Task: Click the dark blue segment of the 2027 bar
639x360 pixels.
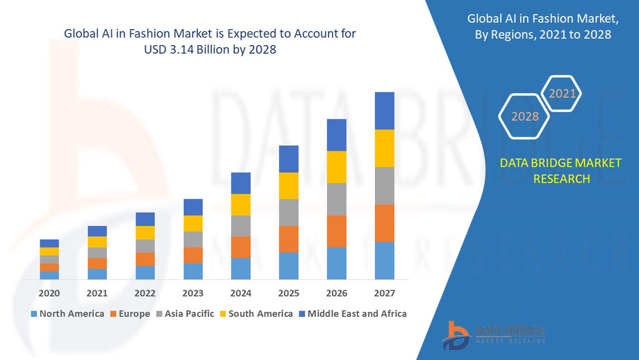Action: click(x=384, y=111)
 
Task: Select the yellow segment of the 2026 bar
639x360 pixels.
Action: click(x=336, y=167)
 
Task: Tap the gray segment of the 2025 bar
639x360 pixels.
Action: click(x=288, y=213)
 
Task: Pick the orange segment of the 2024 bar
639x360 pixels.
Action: click(x=240, y=247)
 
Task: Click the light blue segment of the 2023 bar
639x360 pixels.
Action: click(x=193, y=271)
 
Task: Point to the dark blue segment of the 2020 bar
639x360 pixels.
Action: click(x=49, y=243)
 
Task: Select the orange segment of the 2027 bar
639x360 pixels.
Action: click(x=384, y=223)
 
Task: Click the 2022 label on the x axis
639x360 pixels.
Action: click(x=145, y=293)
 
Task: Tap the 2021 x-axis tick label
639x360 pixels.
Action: click(x=97, y=293)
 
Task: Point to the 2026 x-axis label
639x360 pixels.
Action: click(x=336, y=293)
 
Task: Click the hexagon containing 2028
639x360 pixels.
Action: click(x=525, y=116)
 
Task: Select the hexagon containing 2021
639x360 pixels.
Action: click(x=562, y=93)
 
